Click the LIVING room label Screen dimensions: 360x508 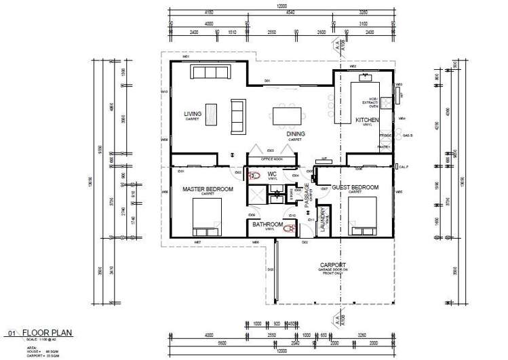point(193,114)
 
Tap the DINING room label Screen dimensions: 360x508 point(295,134)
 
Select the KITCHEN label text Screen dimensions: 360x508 point(367,120)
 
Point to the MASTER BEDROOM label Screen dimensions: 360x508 point(208,189)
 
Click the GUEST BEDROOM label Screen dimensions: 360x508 point(355,187)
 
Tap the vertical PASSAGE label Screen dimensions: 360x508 point(307,195)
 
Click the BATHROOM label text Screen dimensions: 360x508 point(267,224)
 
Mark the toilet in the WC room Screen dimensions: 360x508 point(255,176)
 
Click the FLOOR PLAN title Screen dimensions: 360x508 point(47,333)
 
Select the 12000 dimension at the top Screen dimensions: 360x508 point(281,7)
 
